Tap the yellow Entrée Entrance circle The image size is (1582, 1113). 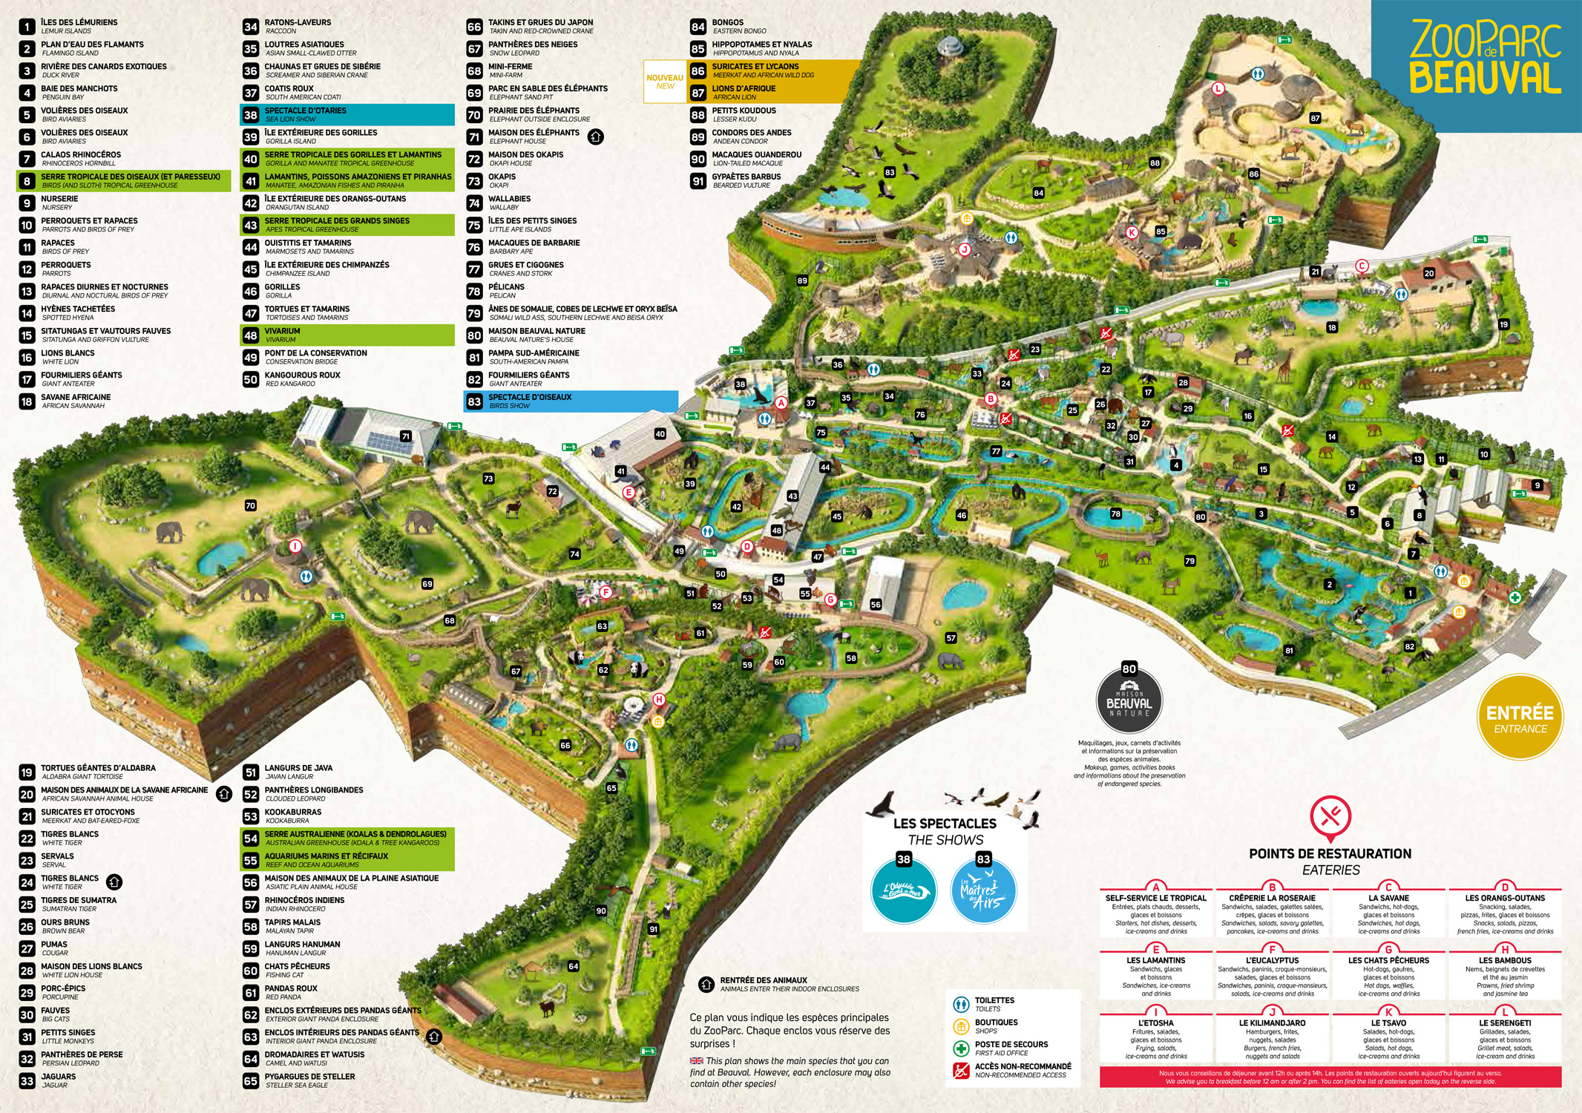(x=1520, y=718)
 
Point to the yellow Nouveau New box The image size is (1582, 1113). (x=665, y=82)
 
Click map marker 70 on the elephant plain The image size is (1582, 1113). (x=250, y=506)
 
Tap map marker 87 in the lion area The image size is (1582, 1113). (x=1316, y=118)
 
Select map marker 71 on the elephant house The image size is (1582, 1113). (x=405, y=436)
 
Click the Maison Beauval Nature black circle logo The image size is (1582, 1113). (x=1129, y=701)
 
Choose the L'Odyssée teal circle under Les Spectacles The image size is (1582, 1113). (x=903, y=891)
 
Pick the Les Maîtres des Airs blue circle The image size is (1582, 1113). (x=983, y=891)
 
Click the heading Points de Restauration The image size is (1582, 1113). (x=1330, y=854)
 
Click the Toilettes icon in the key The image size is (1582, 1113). (x=961, y=1005)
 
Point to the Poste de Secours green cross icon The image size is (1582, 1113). (x=961, y=1048)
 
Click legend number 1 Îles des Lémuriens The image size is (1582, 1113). (x=27, y=27)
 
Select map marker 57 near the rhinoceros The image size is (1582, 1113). (x=951, y=638)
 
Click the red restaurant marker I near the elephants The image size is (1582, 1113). (x=295, y=546)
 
